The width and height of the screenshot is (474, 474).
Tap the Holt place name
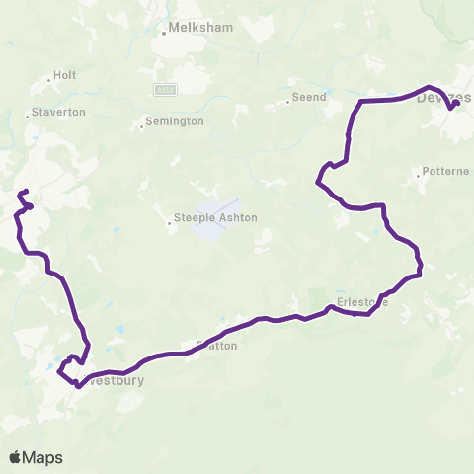pos(65,74)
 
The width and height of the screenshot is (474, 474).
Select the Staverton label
pos(60,112)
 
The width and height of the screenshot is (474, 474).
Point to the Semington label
pos(175,121)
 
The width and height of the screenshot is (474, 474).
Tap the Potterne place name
pos(444,171)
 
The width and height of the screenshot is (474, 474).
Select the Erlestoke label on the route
pos(361,302)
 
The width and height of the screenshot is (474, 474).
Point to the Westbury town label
pos(116,379)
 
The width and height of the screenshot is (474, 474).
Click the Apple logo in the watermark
pos(16,457)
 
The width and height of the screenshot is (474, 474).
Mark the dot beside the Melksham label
pos(164,34)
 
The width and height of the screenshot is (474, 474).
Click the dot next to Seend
pos(286,100)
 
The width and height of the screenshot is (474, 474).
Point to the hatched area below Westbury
pos(135,400)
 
